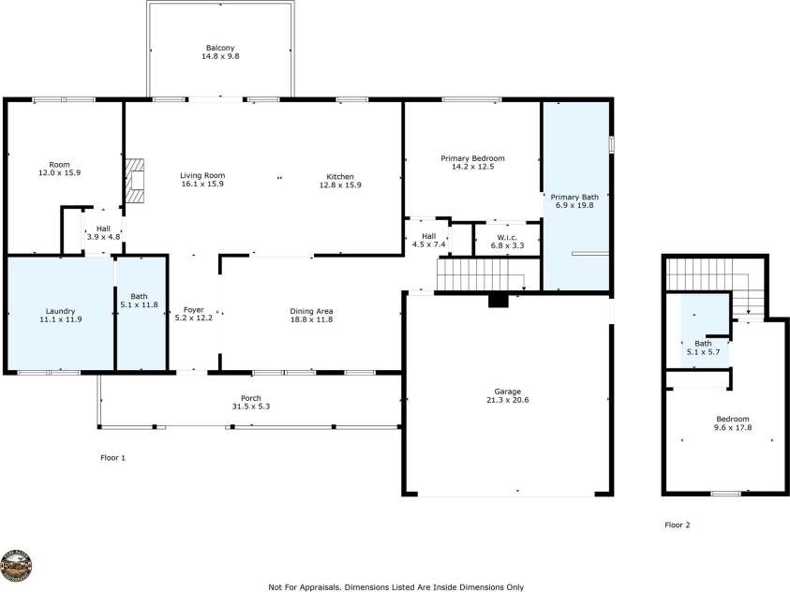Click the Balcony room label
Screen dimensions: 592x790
pyautogui.click(x=220, y=48)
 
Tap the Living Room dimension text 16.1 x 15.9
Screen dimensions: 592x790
pyautogui.click(x=202, y=185)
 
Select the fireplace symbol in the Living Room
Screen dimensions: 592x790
pyautogui.click(x=137, y=181)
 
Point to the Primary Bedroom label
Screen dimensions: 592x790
pyautogui.click(x=472, y=158)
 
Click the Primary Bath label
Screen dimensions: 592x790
pyautogui.click(x=574, y=197)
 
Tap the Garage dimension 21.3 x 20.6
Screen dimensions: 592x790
pyautogui.click(x=507, y=400)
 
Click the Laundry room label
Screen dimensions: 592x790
pyautogui.click(x=60, y=310)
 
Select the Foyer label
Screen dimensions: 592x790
pyautogui.click(x=193, y=310)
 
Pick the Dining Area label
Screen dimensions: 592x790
pyautogui.click(x=312, y=310)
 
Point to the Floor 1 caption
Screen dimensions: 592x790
pyautogui.click(x=112, y=458)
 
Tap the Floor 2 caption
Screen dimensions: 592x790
pyautogui.click(x=677, y=525)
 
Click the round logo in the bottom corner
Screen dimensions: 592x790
pyautogui.click(x=18, y=567)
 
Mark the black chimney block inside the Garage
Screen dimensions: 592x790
pyautogui.click(x=499, y=301)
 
